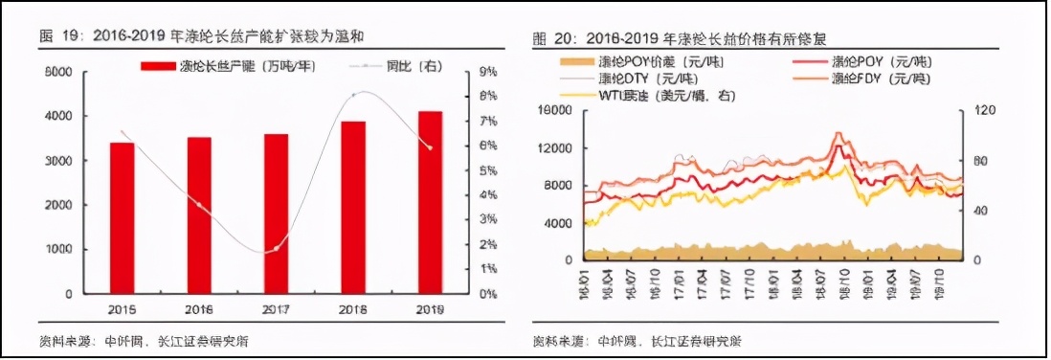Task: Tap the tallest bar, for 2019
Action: (x=430, y=203)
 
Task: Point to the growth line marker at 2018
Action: (x=354, y=95)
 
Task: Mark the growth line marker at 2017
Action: (x=276, y=248)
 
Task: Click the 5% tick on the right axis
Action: (x=486, y=171)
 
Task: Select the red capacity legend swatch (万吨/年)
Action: (x=157, y=66)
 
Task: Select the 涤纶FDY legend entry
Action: (x=881, y=79)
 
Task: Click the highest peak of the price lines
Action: (x=839, y=134)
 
